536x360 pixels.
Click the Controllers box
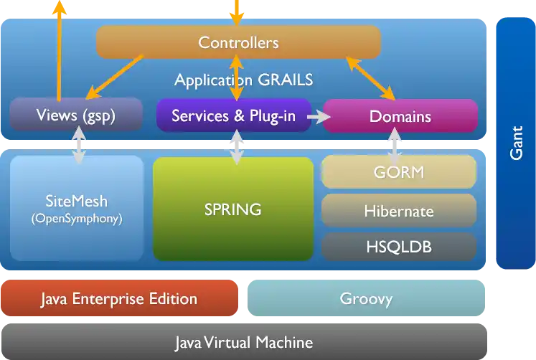point(238,42)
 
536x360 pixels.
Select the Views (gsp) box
point(76,115)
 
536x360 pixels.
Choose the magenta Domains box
point(400,116)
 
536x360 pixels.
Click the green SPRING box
point(233,209)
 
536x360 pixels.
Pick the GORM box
point(399,172)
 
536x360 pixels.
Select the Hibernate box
point(399,211)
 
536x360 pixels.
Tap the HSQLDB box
point(399,247)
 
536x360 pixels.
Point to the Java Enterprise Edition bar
point(119,298)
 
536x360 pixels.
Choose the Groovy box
point(366,298)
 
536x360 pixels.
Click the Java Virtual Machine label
point(244,341)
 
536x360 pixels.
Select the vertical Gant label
point(515,143)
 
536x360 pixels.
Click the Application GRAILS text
point(244,80)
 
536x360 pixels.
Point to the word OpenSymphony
point(77,219)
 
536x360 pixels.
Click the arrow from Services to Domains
point(316,115)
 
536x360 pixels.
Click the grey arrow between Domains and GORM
point(394,143)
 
